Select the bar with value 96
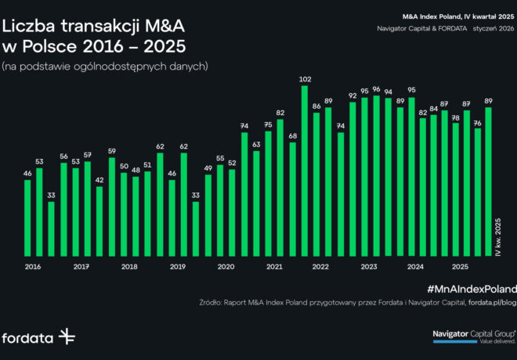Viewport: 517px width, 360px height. [x=376, y=175]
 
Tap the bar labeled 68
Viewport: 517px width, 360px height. [x=293, y=199]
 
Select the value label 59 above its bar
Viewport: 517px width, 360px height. [x=112, y=151]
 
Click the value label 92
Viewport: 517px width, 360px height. [x=352, y=95]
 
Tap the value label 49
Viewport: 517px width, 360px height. [x=208, y=167]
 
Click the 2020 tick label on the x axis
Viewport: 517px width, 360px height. [x=226, y=267]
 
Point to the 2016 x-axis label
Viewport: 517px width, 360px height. [x=33, y=267]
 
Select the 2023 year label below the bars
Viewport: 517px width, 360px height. [x=369, y=267]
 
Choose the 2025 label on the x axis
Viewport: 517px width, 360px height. [x=461, y=267]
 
